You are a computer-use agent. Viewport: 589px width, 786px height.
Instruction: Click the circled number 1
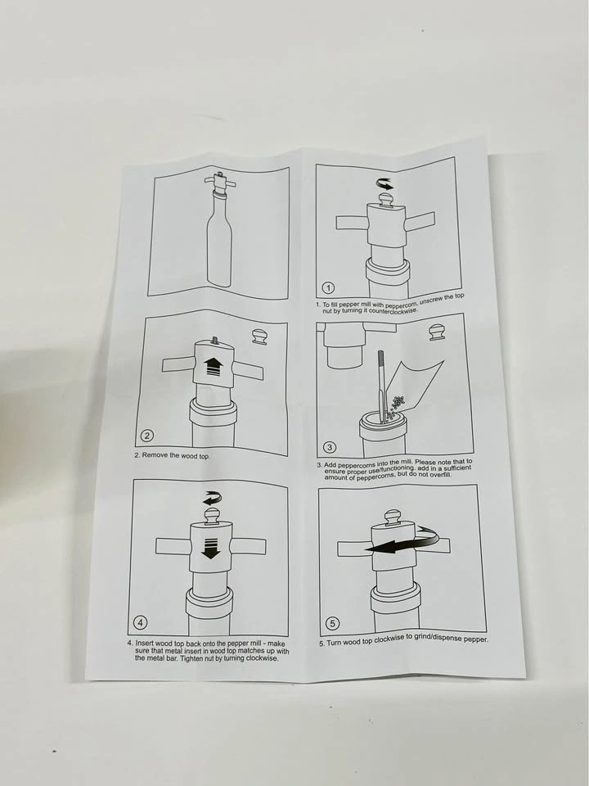328,287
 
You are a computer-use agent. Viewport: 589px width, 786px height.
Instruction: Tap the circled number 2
146,436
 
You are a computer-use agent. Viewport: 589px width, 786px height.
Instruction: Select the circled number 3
330,447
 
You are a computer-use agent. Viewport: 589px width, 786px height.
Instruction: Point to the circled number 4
140,622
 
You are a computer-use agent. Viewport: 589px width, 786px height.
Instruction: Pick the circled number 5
333,624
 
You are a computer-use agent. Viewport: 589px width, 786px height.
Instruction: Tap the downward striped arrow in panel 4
210,548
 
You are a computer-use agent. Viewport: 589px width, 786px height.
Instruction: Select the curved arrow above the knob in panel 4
213,499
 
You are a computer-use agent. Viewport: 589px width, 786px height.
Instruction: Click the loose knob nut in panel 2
260,337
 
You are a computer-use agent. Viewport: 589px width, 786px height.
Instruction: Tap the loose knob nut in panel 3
438,332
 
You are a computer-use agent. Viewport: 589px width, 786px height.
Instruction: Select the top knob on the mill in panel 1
385,200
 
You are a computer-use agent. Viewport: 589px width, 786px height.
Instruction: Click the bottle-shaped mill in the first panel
219,231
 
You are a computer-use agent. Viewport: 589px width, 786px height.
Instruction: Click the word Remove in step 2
153,454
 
